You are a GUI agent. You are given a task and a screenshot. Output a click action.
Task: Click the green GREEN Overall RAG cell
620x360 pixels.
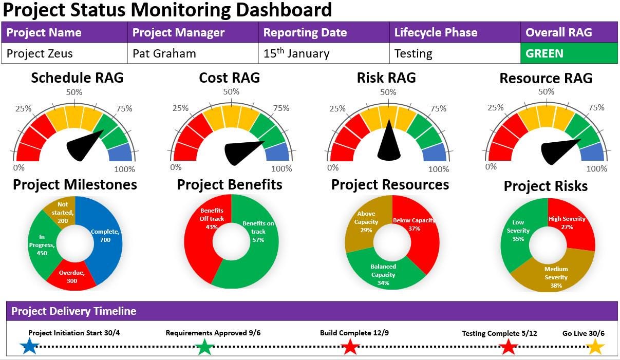569,53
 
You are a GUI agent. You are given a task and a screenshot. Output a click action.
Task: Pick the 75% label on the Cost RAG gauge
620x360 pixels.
281,108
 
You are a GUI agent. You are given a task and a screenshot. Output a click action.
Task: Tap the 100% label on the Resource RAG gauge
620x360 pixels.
596,168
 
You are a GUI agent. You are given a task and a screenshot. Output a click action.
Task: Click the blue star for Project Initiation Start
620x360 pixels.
29,347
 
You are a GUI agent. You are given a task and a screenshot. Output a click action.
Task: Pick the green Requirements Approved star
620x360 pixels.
204,347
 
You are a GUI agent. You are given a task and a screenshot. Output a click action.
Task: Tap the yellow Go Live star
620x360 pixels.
595,347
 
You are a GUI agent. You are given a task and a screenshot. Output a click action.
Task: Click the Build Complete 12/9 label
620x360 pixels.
354,333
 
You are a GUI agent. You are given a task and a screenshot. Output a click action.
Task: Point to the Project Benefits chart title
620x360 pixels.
230,185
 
